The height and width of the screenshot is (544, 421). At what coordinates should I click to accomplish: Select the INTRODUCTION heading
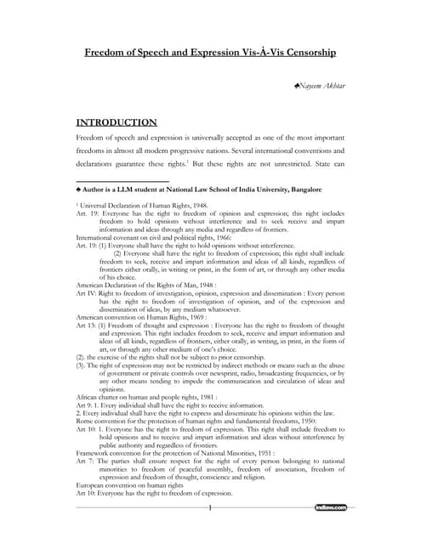click(x=117, y=122)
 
